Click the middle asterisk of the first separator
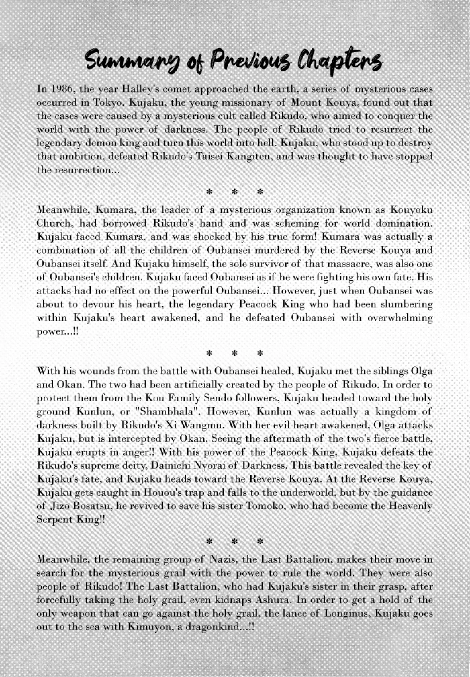tap(234, 191)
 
